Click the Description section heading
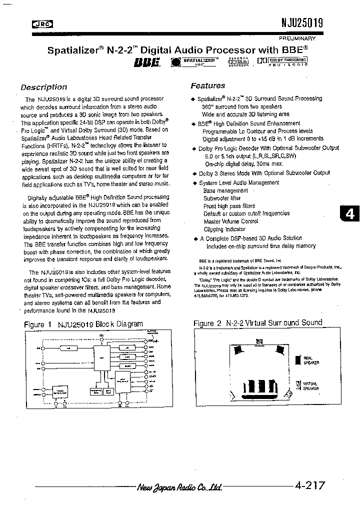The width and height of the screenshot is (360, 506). [x=44, y=87]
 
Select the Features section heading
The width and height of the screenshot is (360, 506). [x=208, y=85]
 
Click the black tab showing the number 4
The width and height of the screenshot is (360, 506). [x=349, y=214]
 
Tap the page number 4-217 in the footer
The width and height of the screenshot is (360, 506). [x=310, y=484]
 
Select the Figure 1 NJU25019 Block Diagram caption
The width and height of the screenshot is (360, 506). [x=83, y=324]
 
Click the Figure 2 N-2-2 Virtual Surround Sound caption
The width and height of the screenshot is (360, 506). [x=258, y=323]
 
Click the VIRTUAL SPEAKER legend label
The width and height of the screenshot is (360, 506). [x=310, y=386]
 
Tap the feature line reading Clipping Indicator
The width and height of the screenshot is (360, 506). [x=224, y=229]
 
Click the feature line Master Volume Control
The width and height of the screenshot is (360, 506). [x=230, y=221]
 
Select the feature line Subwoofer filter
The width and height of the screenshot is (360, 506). [x=222, y=198]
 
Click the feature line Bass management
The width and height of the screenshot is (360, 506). [x=225, y=190]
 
